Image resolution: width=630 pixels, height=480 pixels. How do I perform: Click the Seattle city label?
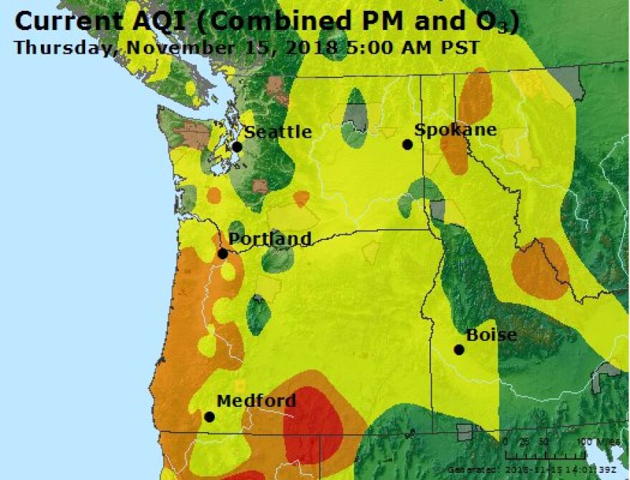click(x=278, y=132)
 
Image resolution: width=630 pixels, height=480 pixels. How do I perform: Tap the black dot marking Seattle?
click(x=237, y=147)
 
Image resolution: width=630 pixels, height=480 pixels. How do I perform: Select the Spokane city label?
click(x=455, y=130)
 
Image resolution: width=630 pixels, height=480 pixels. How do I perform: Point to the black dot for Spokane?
click(x=407, y=145)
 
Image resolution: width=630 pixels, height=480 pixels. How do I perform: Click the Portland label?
click(x=270, y=239)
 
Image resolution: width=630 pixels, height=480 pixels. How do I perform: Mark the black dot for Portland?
click(x=223, y=254)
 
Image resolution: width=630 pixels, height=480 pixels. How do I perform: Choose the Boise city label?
click(x=491, y=335)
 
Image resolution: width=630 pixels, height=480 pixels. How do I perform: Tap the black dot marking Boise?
click(x=459, y=350)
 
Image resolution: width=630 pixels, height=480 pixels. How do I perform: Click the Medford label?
click(x=256, y=401)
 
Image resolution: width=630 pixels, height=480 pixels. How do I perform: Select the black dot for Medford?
click(x=209, y=416)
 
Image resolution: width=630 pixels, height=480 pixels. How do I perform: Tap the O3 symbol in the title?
click(x=500, y=22)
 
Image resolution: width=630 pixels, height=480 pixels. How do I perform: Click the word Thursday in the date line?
click(x=59, y=48)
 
